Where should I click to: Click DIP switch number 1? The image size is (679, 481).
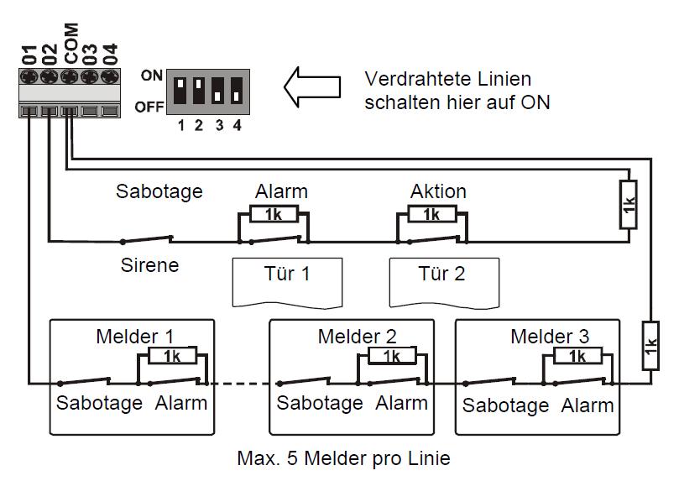click(x=180, y=87)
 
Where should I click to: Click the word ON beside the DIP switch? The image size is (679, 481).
click(x=152, y=76)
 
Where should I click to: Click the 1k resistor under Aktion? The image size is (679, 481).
click(x=431, y=215)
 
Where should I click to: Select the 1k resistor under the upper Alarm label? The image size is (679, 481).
click(x=274, y=215)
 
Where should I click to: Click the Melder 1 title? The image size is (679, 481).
click(x=135, y=337)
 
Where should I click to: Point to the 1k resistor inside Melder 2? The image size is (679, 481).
click(x=392, y=357)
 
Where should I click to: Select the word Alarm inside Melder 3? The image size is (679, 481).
click(x=588, y=405)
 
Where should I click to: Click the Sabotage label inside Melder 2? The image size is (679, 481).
click(x=320, y=403)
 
